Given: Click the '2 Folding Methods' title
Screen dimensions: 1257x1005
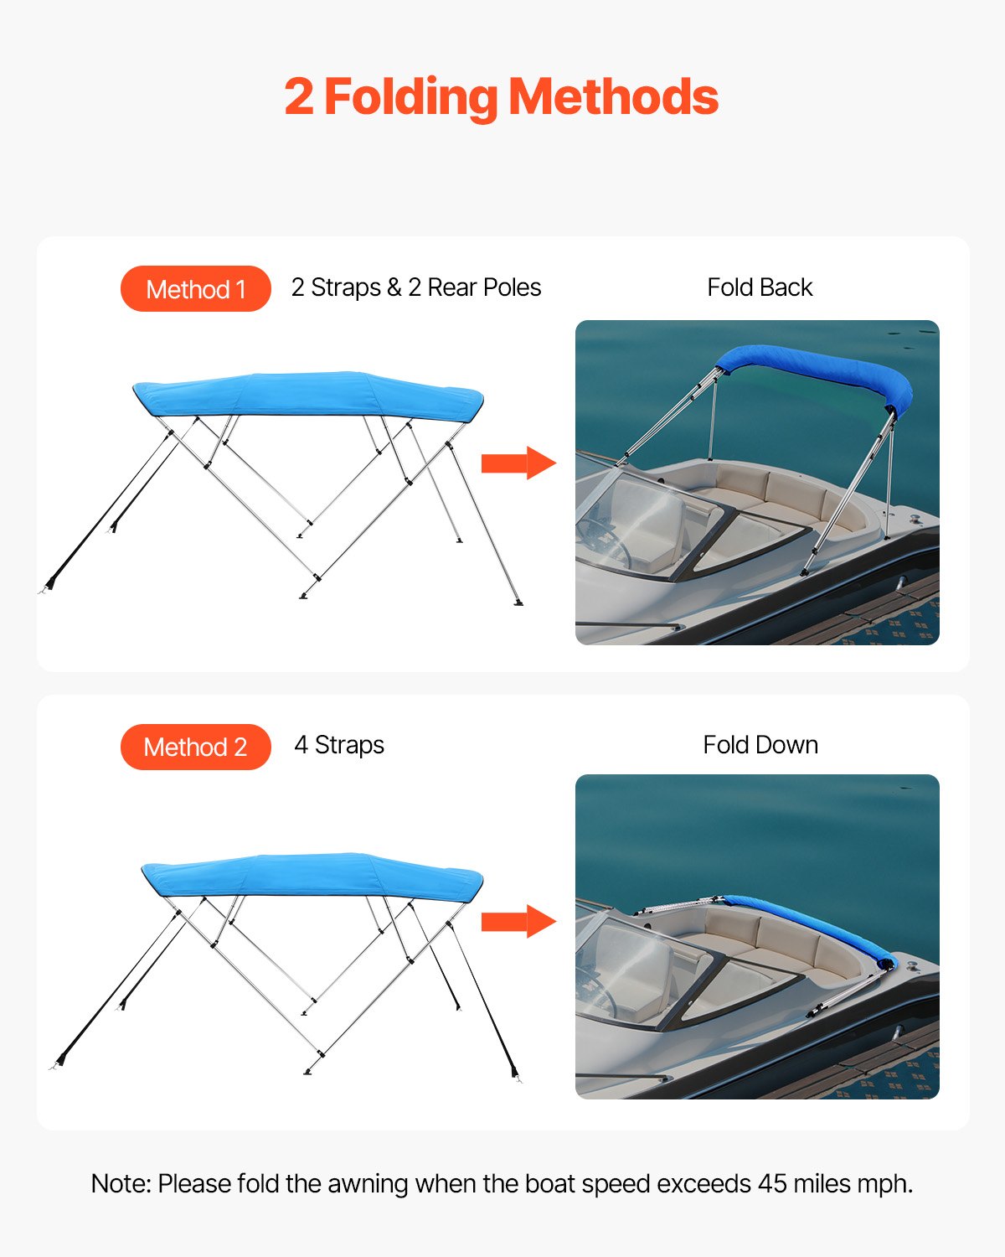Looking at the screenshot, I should tap(501, 97).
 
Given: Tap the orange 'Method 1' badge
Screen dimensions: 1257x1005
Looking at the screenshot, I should tap(196, 289).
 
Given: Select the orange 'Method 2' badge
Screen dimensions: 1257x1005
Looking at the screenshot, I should tap(196, 747).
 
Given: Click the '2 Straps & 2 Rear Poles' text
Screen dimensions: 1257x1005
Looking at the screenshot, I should tap(416, 287).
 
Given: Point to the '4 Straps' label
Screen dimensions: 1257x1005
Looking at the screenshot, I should tap(339, 745).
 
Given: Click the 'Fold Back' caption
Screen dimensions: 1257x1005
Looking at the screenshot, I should tap(760, 287).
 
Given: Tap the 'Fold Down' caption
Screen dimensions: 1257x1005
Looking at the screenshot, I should tap(760, 745).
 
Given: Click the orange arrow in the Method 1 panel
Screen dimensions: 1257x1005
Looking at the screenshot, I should tap(518, 463).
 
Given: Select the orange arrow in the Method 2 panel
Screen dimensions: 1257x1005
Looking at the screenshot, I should tap(518, 922).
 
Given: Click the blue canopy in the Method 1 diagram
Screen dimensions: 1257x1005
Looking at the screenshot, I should tap(308, 395).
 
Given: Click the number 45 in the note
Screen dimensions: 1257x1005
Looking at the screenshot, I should tap(772, 1183).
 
